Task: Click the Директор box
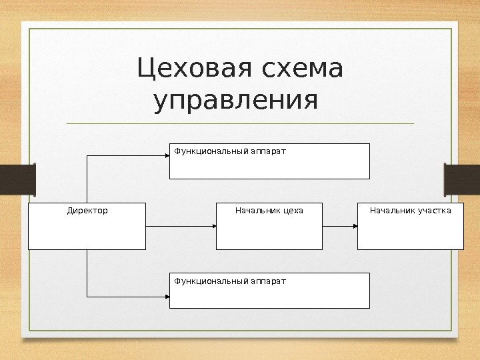point(87,226)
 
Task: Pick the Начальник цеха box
point(269,226)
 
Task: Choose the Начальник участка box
point(410,226)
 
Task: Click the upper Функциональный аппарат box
point(269,161)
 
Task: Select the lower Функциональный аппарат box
point(269,291)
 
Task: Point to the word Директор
point(87,211)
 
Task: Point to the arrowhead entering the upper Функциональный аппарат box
point(167,155)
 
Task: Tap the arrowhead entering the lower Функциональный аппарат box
point(167,295)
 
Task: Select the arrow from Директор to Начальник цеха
point(180,227)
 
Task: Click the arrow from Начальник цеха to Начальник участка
point(339,227)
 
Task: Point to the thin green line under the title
point(240,123)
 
